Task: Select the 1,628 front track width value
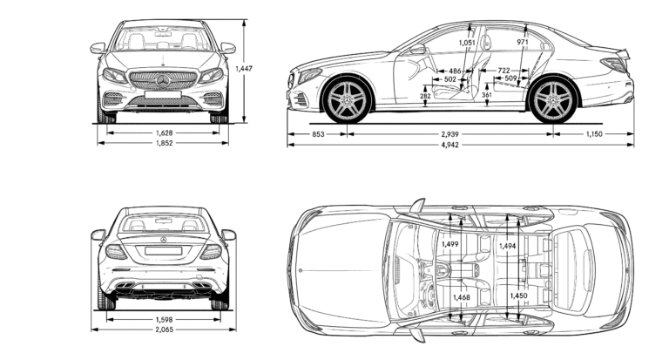[163, 132]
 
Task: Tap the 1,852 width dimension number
[163, 143]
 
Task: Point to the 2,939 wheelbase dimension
[450, 134]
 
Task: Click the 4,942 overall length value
[450, 145]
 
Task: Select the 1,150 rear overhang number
[594, 134]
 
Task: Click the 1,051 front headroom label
[468, 42]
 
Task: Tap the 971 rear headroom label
[523, 42]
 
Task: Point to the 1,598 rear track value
[163, 318]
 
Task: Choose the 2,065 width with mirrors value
[163, 329]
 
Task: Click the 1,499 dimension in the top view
[450, 245]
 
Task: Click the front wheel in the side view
[347, 99]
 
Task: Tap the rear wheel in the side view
[554, 99]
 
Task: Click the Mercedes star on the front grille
[163, 81]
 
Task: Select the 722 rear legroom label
[503, 70]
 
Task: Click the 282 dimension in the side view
[424, 96]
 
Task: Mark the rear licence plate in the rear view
[163, 250]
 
